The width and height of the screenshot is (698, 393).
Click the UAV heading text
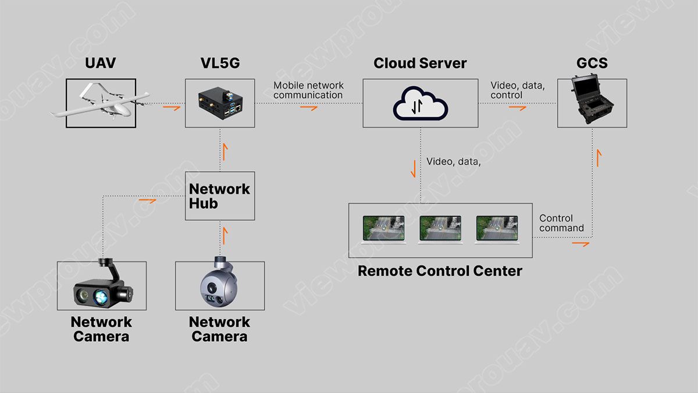pos(100,63)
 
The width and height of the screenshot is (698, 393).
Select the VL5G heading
pos(220,63)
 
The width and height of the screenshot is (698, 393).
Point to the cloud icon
pos(421,104)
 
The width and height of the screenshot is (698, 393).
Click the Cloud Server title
pos(420,63)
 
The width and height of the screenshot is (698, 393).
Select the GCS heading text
pos(592,63)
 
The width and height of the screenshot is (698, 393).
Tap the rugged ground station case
pos(592,103)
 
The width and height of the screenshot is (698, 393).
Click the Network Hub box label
pos(219,196)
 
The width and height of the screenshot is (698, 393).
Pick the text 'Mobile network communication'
pos(308,90)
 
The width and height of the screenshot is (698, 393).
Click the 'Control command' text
pos(561,223)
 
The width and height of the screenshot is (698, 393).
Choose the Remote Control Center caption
pos(440,271)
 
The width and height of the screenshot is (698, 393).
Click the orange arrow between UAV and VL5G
pos(171,107)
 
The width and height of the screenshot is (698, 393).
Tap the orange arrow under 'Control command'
pos(580,243)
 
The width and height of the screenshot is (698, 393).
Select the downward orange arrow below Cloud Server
pos(414,168)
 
